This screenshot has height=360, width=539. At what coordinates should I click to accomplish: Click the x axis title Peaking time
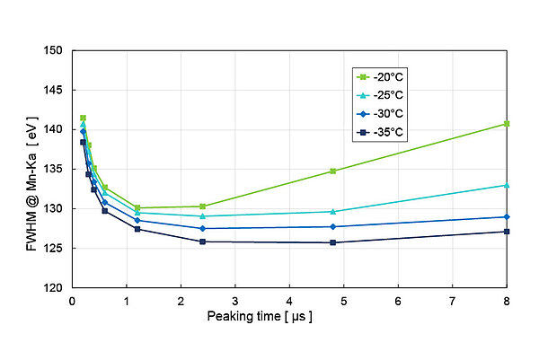tap(260, 317)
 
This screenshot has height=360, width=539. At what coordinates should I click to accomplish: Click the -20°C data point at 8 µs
tap(507, 124)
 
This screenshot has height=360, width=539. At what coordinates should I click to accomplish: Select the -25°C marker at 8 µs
tap(507, 185)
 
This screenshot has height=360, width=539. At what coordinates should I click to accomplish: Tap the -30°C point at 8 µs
tap(507, 217)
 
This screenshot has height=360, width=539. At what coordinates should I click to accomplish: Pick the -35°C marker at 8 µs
tap(507, 232)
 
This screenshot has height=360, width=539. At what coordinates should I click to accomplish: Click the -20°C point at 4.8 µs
tap(333, 171)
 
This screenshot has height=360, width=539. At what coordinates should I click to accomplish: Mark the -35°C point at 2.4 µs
tap(202, 241)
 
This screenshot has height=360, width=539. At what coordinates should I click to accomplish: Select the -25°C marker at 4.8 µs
tap(333, 212)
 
